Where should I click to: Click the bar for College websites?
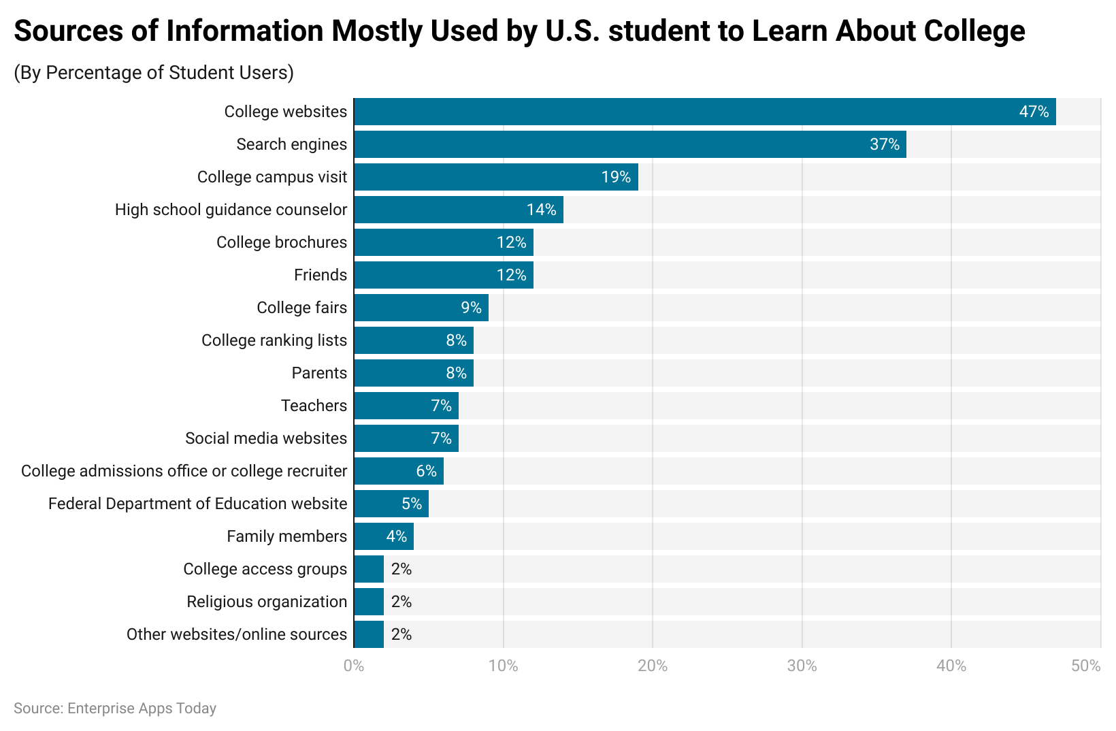pos(704,112)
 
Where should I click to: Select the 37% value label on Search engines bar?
pos(885,144)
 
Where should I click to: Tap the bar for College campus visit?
pos(495,177)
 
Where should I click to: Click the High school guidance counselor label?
pos(231,210)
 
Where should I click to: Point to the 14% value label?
pos(541,210)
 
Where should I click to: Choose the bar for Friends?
pos(443,275)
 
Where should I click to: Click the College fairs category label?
pos(301,308)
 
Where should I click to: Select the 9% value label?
pos(471,308)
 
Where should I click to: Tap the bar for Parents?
pos(413,373)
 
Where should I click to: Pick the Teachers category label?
pos(314,406)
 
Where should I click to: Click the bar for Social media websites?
pos(406,438)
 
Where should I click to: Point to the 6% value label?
pos(426,471)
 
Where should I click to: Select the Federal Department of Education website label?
pos(197,504)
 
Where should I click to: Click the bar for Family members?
pos(383,536)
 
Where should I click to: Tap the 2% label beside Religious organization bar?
pos(401,602)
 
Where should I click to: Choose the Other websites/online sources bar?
pos(368,634)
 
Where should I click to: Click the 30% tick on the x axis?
pos(802,666)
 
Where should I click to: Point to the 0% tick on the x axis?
pos(354,666)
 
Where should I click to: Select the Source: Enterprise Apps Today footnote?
pos(115,709)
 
